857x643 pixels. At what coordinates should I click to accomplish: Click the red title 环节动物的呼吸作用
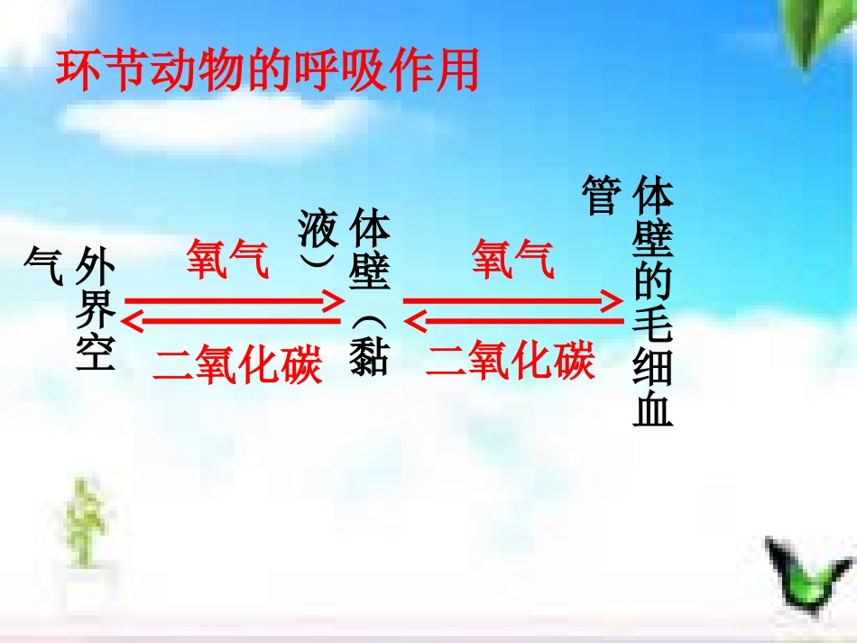(x=266, y=71)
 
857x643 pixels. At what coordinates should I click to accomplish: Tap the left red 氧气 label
(x=227, y=260)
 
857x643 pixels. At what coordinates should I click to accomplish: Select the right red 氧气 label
(x=513, y=260)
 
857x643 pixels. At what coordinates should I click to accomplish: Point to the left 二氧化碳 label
(x=238, y=363)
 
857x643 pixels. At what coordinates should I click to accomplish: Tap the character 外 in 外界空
(x=97, y=267)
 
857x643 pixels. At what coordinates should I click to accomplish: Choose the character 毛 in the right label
(x=653, y=329)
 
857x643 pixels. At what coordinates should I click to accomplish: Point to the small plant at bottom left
(x=86, y=522)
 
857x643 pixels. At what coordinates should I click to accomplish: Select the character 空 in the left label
(x=97, y=353)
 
